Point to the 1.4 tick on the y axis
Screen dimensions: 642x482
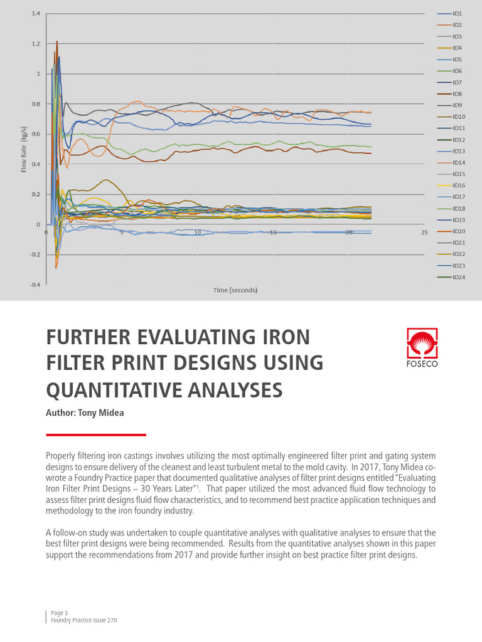(x=35, y=14)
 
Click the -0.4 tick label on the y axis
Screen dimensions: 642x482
(x=34, y=285)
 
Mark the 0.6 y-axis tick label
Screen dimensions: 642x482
(x=35, y=134)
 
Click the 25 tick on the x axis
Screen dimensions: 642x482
(x=424, y=233)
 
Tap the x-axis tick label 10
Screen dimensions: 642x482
(x=197, y=233)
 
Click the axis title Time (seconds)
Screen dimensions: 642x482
(x=235, y=290)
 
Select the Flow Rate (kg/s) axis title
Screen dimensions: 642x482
(x=24, y=149)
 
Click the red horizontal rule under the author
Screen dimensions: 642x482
(x=96, y=434)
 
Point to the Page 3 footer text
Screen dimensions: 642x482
(x=57, y=612)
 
